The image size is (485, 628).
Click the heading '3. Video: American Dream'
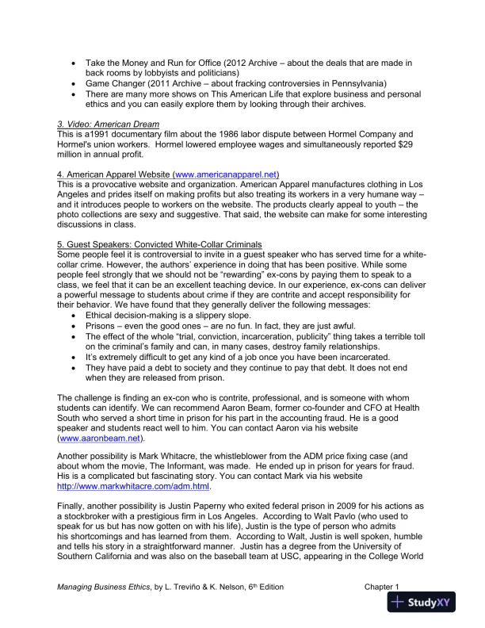tap(108, 124)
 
